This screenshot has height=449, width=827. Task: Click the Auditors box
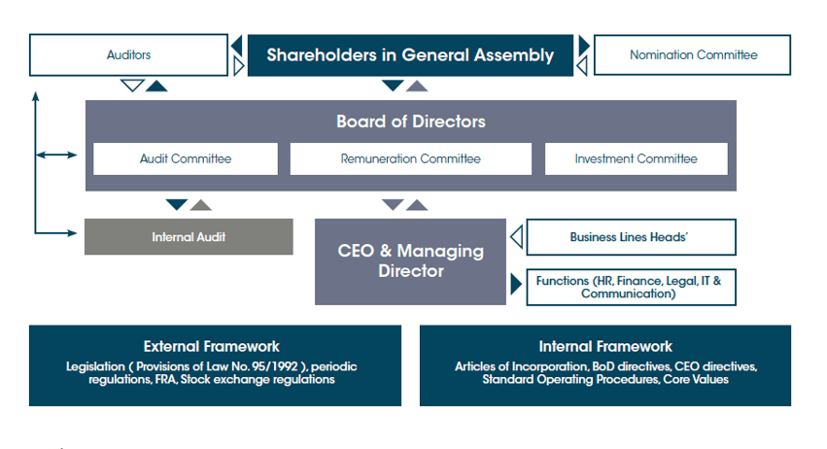coord(128,54)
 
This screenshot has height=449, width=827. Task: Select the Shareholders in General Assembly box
coord(410,55)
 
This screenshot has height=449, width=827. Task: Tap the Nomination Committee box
coord(693,54)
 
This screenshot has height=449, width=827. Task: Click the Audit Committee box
coord(186,158)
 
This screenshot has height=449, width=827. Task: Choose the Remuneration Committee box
coord(411,158)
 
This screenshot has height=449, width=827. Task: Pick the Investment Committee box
coord(637,158)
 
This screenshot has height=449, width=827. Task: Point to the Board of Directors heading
coord(411,121)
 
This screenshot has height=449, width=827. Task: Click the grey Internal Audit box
coord(189,237)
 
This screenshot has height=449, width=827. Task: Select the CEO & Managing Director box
coord(410,261)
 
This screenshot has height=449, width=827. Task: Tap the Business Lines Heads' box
coord(632,237)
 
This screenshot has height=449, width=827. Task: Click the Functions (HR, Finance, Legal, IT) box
coord(632,288)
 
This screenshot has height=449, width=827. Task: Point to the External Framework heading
coord(212,347)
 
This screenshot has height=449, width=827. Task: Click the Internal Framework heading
coord(605,347)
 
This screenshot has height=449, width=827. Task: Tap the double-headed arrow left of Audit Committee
coord(56,155)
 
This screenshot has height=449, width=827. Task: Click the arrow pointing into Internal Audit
coord(56,232)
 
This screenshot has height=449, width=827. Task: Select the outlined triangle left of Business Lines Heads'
coord(517,237)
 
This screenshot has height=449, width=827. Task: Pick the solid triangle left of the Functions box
coord(516,285)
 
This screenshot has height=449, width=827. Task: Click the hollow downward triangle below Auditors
coord(132,85)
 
